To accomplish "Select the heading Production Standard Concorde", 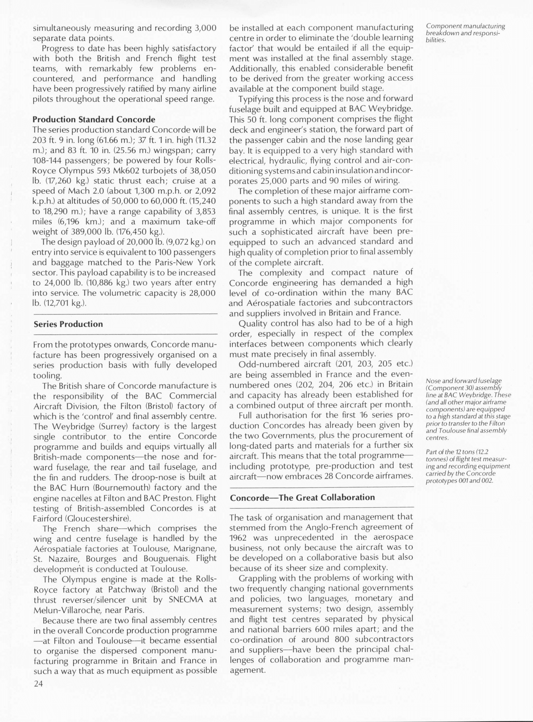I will pyautogui.click(x=94, y=119).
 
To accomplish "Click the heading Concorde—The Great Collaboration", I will pyautogui.click(x=302, y=497).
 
